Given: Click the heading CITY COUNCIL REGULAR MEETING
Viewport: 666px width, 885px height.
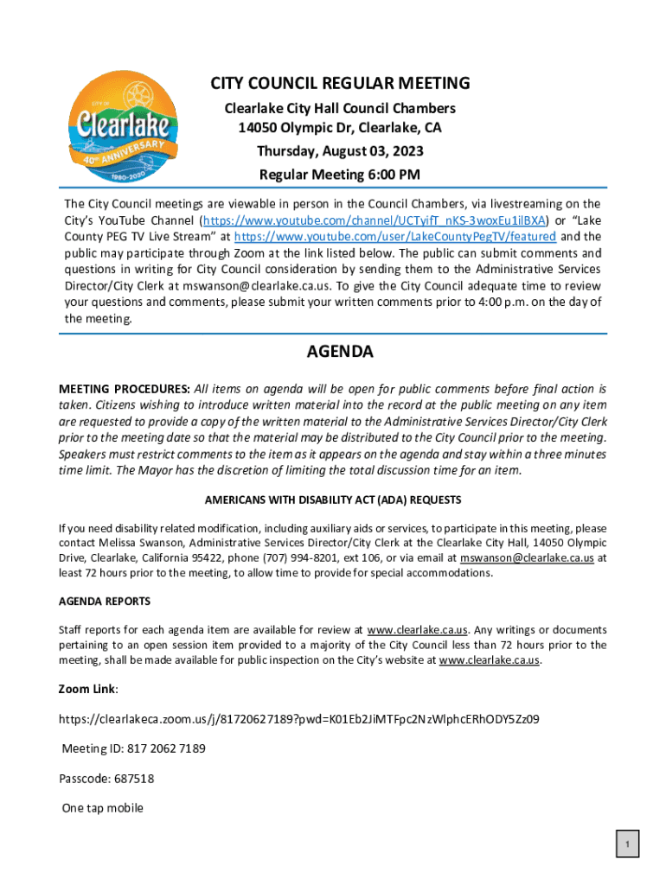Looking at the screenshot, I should [341, 84].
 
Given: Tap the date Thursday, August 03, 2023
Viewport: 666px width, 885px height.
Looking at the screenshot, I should [340, 152].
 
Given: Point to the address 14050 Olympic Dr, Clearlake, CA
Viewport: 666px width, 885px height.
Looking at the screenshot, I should [340, 130].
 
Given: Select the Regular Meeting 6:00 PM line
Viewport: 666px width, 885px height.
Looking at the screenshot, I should [340, 175].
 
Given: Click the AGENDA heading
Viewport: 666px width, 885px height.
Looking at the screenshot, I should [340, 353].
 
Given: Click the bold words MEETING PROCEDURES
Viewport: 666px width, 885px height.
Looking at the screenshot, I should [124, 389].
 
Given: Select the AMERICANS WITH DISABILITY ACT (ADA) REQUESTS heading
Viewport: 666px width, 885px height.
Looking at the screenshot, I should [332, 500].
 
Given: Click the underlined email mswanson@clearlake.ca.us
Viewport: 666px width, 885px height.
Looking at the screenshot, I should [527, 558].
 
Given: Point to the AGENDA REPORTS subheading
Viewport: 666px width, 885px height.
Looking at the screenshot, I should [104, 601].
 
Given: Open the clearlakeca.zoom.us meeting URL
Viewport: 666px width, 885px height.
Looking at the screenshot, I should [299, 718].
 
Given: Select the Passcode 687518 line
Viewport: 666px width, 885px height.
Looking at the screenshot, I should [106, 779].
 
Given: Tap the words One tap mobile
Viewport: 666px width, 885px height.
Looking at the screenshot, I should [102, 809].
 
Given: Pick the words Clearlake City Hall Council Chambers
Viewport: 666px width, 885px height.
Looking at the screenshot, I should [340, 109].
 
